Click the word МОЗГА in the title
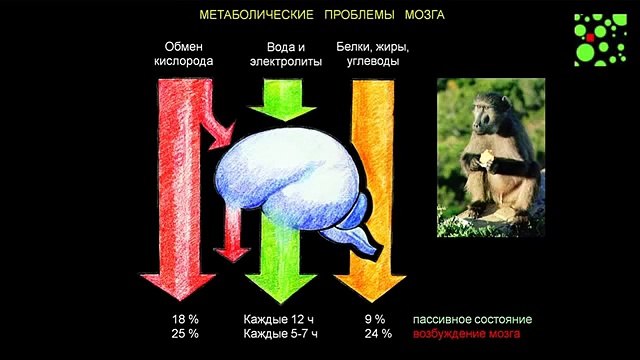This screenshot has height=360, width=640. [422, 15]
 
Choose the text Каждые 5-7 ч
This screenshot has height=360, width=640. [284, 334]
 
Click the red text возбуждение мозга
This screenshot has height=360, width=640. [467, 334]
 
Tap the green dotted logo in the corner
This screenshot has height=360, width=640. [597, 39]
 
